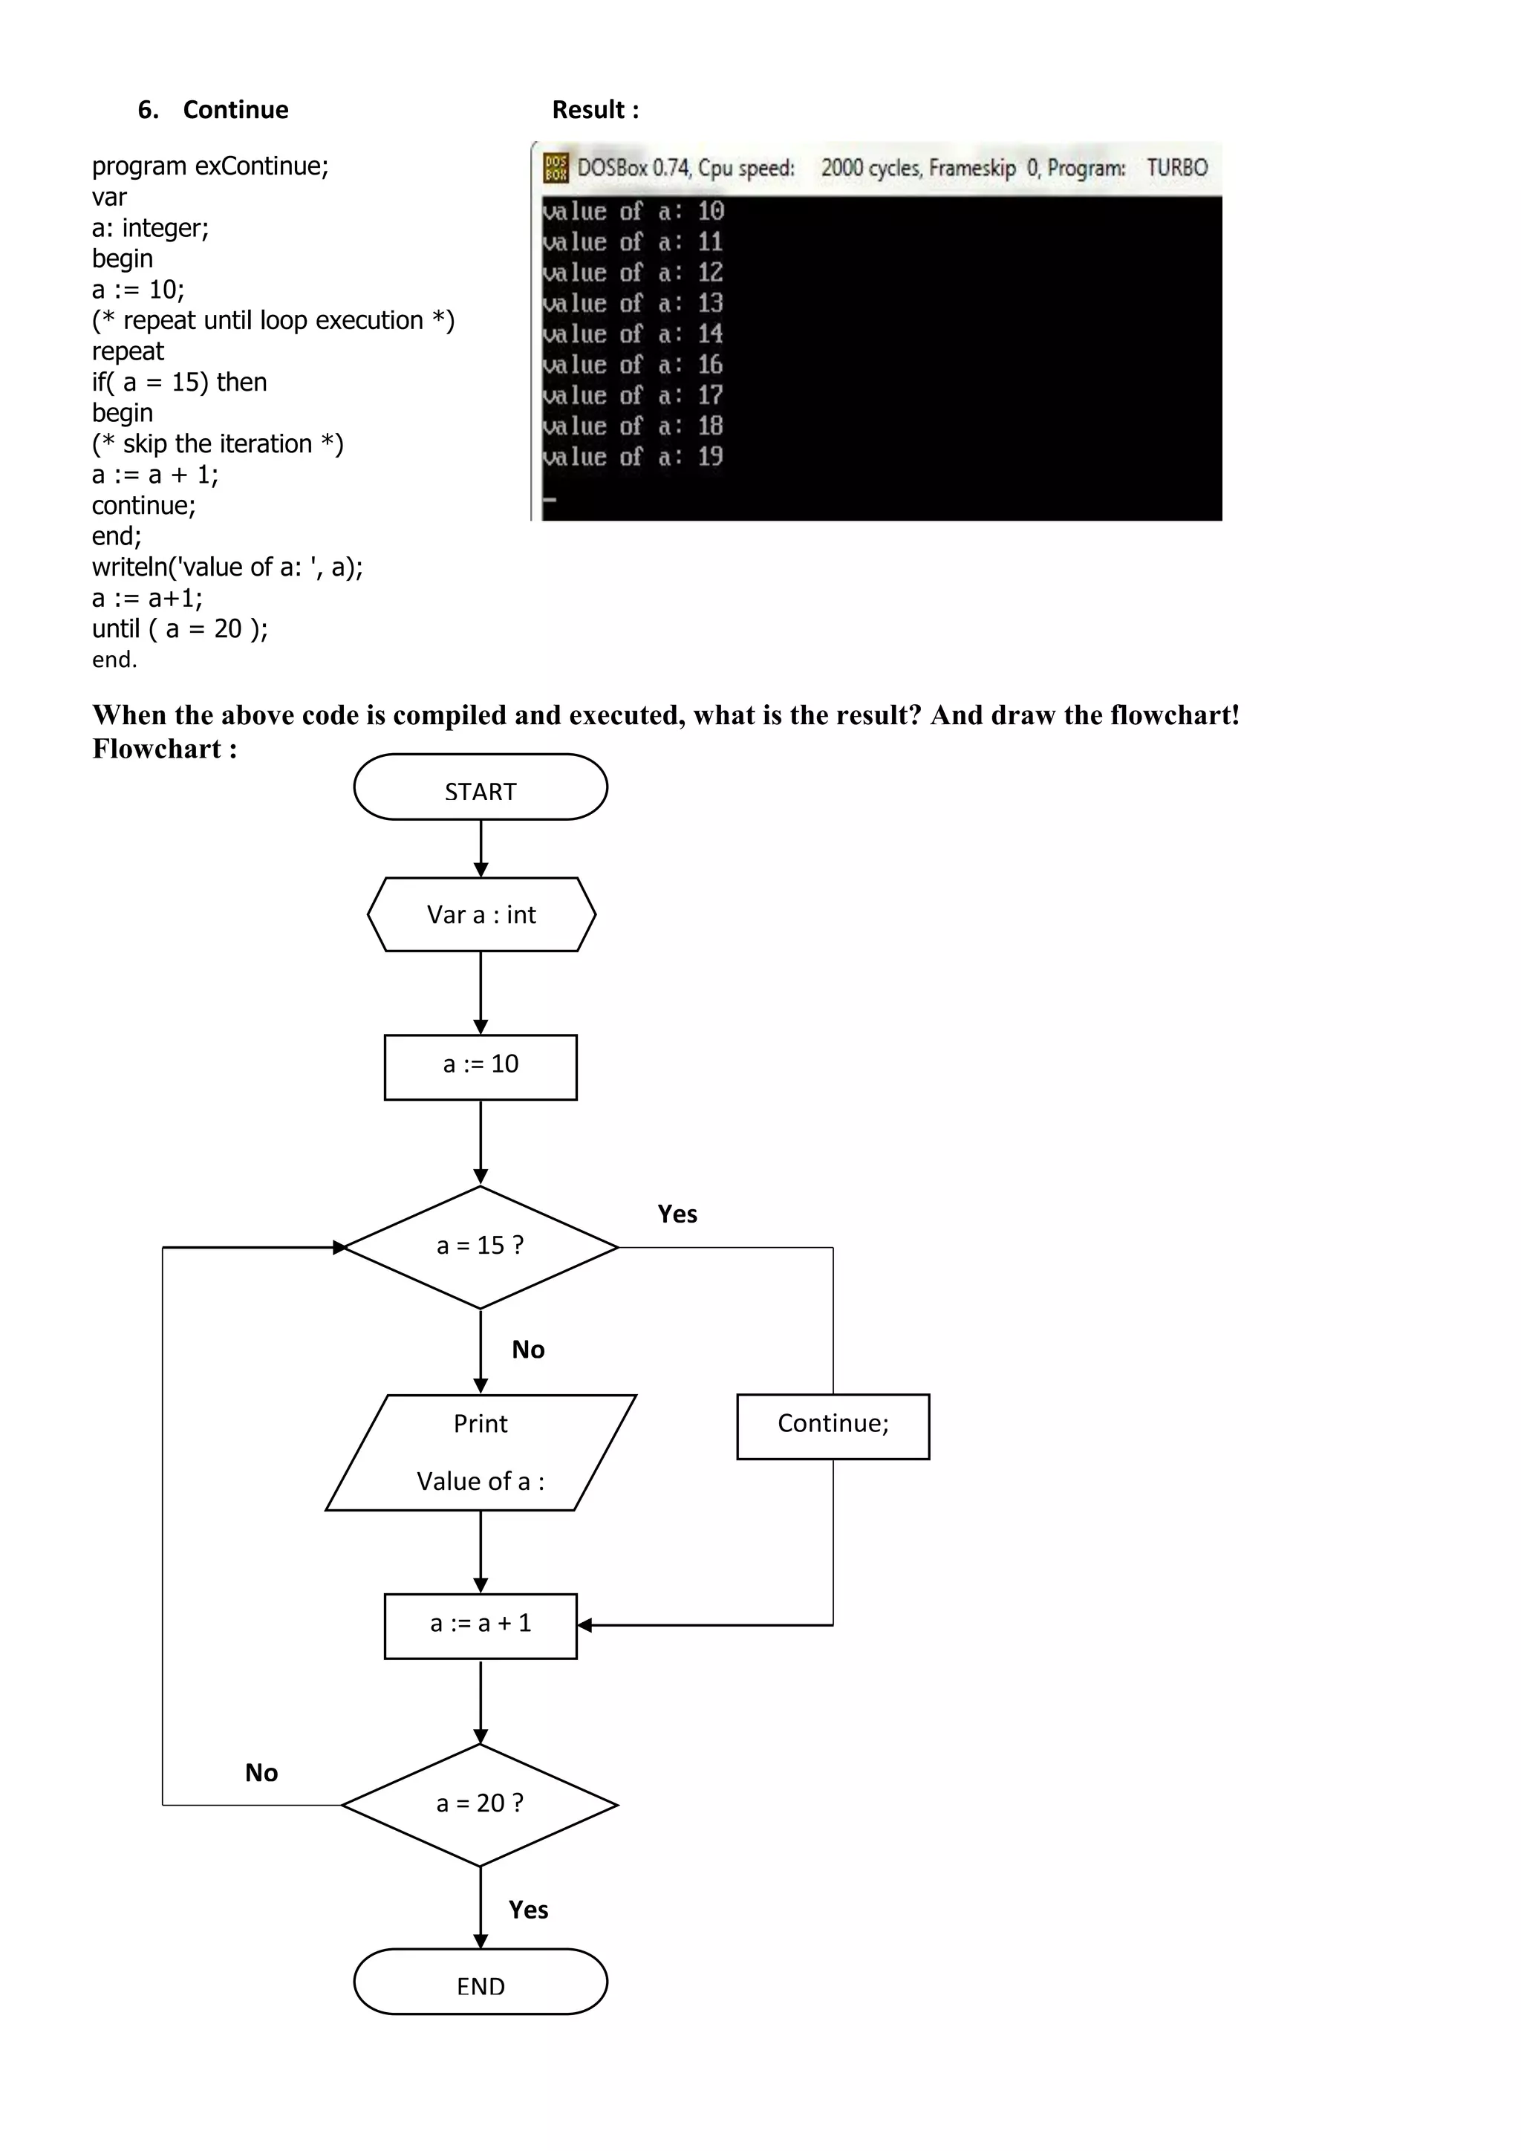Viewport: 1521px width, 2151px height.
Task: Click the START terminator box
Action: click(x=481, y=787)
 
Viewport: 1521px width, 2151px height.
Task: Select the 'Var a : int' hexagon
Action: click(x=481, y=914)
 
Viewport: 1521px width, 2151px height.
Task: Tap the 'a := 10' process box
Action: click(x=481, y=1067)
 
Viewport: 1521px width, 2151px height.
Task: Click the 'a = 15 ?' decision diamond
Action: click(x=481, y=1247)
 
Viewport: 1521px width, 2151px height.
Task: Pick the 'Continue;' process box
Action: click(x=833, y=1426)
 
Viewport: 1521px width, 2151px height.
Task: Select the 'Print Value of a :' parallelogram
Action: click(x=481, y=1452)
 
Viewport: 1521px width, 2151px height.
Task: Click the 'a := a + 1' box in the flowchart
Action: click(x=481, y=1625)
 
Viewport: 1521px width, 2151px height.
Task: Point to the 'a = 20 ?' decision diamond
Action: click(x=481, y=1804)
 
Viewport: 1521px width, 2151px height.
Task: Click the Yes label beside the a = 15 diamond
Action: click(x=677, y=1214)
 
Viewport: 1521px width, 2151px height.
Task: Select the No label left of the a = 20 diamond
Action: click(x=261, y=1772)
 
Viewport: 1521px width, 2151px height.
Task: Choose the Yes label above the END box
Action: click(x=528, y=1910)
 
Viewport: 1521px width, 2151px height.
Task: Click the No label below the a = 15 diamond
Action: click(x=528, y=1349)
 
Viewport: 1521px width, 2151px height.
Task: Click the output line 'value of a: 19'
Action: click(x=633, y=458)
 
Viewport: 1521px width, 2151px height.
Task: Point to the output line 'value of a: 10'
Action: click(x=633, y=212)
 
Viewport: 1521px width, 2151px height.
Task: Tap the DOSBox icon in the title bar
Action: click(x=556, y=168)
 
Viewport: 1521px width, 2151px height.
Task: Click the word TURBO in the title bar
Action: click(x=1177, y=168)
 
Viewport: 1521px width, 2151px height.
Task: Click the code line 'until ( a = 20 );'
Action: click(x=180, y=628)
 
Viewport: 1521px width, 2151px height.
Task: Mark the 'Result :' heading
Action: click(x=596, y=110)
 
